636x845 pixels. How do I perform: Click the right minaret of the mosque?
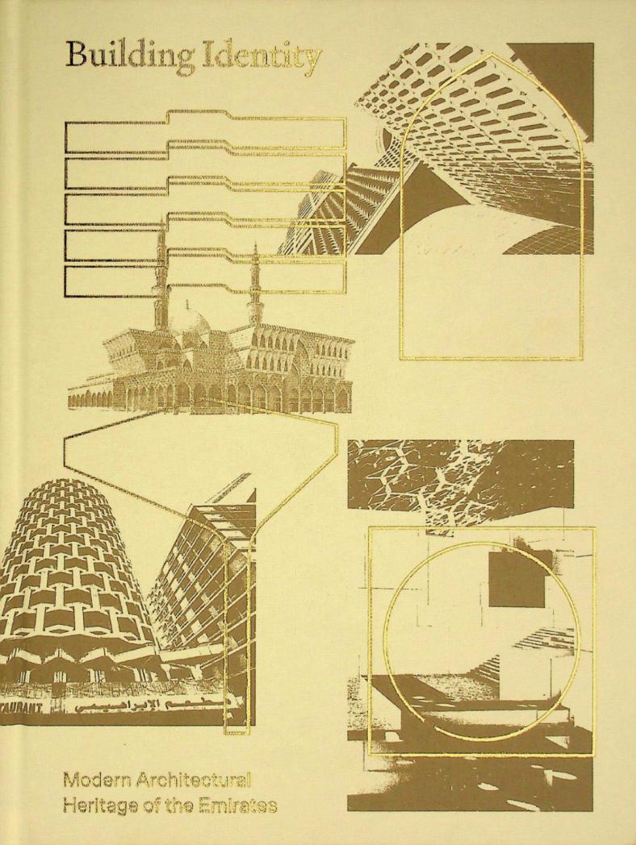(x=256, y=282)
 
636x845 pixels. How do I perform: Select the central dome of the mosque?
(x=191, y=323)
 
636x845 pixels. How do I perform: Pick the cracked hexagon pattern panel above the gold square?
(x=460, y=480)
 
